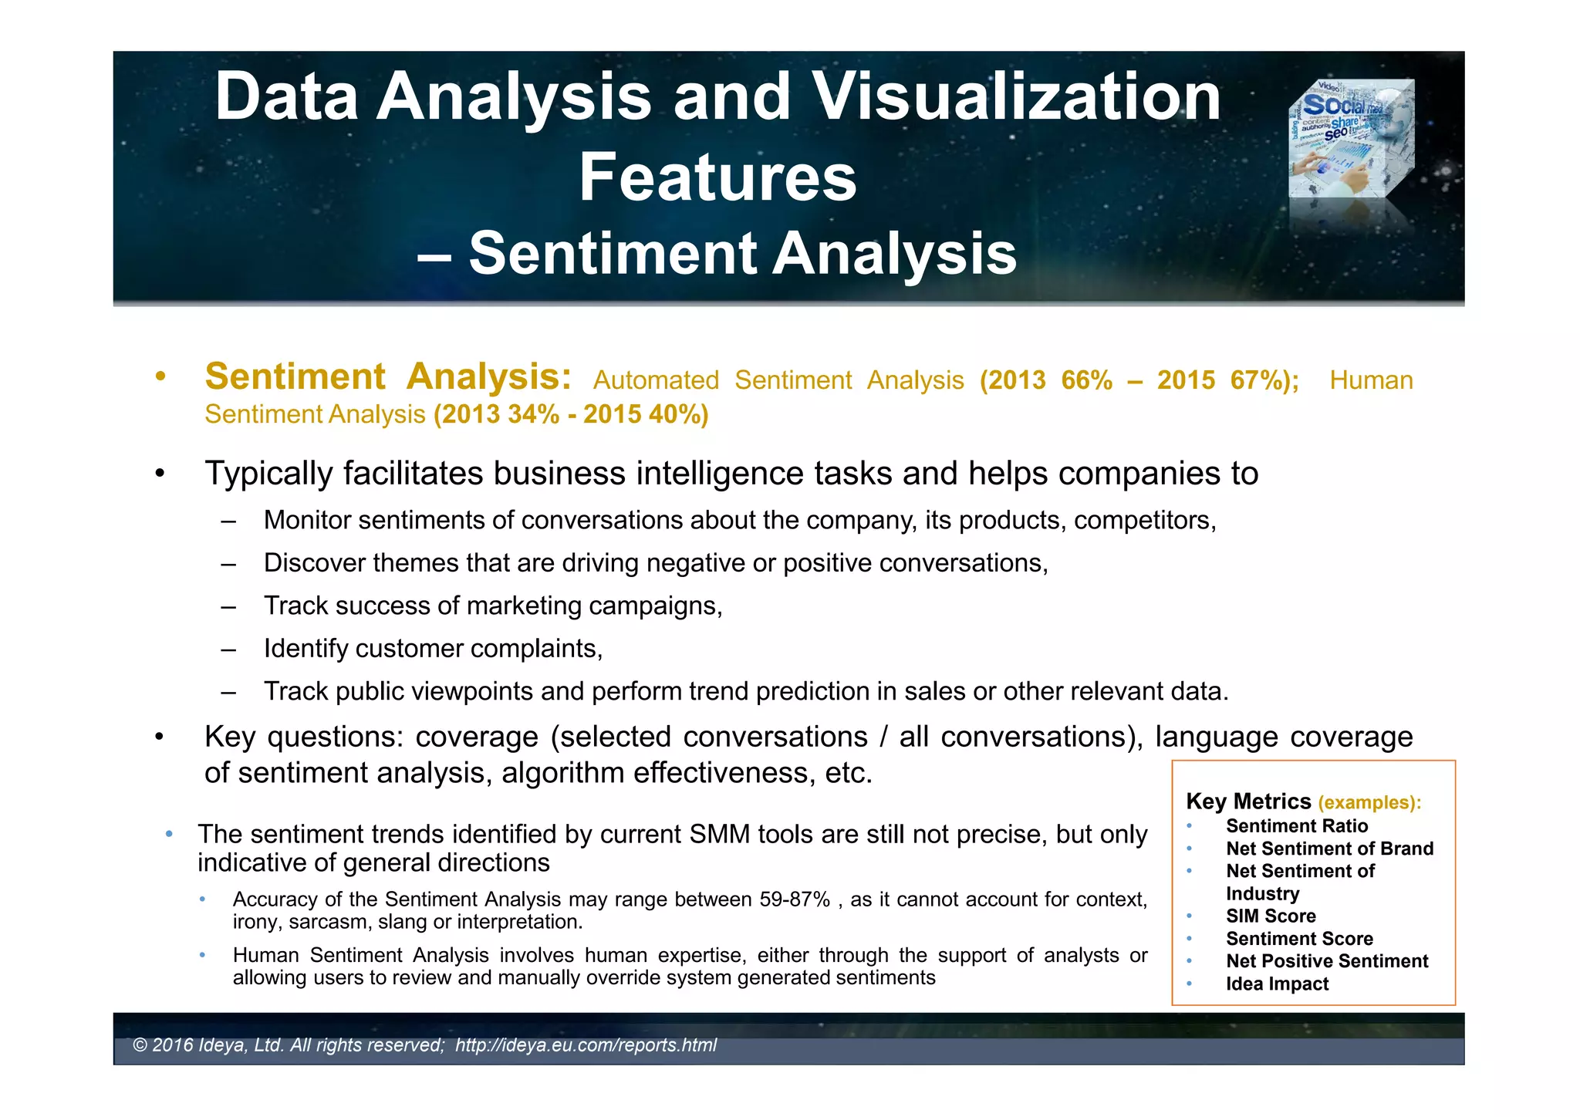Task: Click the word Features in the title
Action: (717, 177)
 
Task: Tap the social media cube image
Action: (1352, 139)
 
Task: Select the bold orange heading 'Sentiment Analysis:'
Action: (388, 377)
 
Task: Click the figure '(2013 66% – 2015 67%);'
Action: (1139, 380)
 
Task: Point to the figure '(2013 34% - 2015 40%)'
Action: (571, 415)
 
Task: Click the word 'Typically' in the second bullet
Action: (268, 474)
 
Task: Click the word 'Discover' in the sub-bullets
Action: (314, 563)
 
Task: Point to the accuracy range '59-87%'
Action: (795, 899)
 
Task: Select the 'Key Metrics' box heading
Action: (1248, 801)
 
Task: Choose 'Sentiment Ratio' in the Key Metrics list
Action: (1297, 826)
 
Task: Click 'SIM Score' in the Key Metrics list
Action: (1271, 916)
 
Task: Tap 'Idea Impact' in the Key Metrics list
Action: (1277, 984)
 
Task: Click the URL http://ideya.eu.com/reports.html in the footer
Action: (586, 1045)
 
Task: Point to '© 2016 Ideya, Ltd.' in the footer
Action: (208, 1045)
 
